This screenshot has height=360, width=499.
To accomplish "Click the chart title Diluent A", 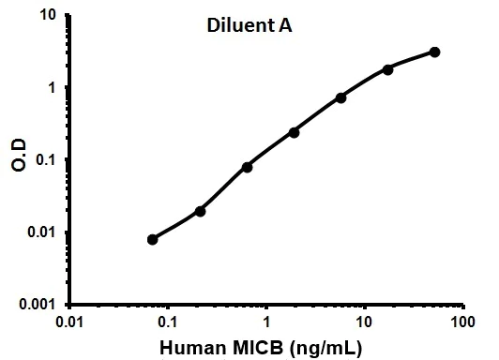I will tap(249, 26).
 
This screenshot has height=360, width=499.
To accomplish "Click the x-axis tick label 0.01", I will tap(70, 323).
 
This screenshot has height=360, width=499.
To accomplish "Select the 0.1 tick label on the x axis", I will tap(168, 323).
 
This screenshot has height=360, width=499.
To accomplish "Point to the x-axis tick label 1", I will tap(266, 323).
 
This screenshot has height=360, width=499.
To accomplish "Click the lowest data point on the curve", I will tap(153, 239).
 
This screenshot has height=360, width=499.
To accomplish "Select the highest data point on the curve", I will tap(435, 52).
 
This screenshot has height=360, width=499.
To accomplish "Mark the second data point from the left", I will tap(200, 211).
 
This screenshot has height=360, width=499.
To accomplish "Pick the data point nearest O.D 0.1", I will tap(247, 167).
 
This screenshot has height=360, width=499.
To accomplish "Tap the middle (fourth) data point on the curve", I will tap(294, 132).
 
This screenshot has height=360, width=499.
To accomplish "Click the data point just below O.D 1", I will tap(340, 97).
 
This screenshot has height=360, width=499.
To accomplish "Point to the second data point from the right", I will tap(387, 69).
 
